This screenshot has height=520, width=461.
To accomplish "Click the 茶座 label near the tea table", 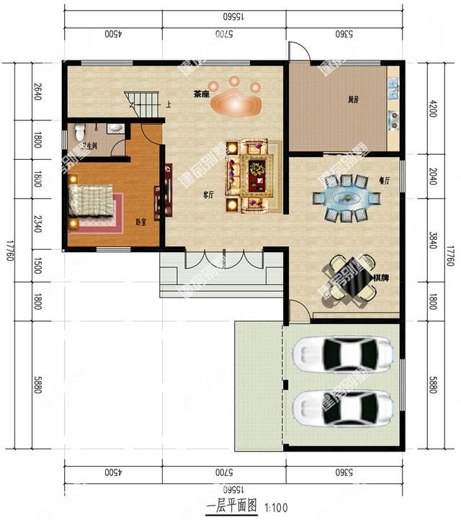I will click(201, 94).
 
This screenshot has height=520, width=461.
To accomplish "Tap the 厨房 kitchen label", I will click(352, 100).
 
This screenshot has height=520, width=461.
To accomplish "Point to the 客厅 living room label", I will click(210, 194).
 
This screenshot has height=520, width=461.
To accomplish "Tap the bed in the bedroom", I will click(91, 201).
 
